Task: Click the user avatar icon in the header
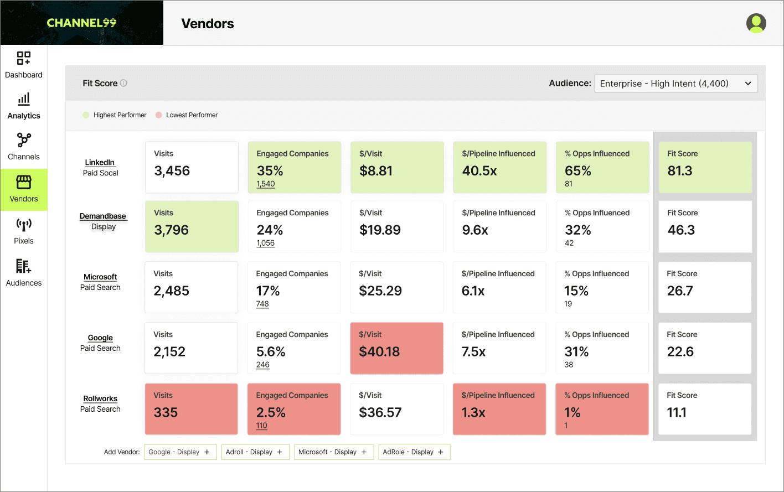756,23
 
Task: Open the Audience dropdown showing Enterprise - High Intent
675,84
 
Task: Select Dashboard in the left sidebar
24,65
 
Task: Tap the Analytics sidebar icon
24,100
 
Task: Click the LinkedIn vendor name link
100,162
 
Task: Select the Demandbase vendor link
103,216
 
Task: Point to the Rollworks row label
100,398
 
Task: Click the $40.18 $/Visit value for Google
379,351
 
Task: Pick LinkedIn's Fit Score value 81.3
680,171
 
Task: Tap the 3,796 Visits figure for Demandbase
172,230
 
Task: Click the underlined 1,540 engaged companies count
266,184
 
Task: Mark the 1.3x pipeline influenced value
473,412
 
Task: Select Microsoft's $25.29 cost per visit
380,291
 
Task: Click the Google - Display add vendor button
179,452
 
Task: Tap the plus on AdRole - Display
441,452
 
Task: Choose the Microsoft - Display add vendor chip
333,452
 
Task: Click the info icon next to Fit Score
123,83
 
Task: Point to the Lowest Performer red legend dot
159,115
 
